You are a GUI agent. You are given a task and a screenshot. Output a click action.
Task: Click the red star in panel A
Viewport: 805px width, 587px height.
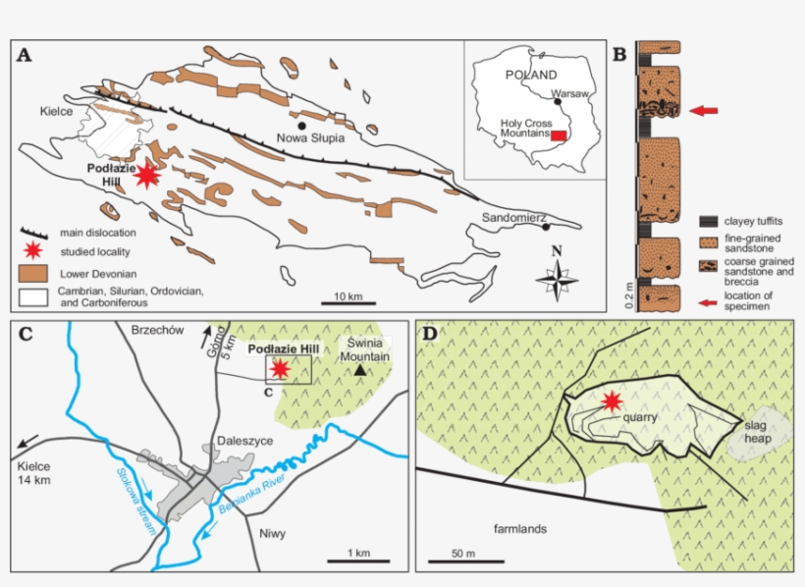point(147,175)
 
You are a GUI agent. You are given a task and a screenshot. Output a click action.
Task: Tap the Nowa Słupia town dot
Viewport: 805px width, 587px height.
point(303,126)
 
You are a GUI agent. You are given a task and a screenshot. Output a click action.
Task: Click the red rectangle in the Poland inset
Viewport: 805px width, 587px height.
point(558,135)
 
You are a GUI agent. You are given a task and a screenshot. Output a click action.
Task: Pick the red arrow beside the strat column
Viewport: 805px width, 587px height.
point(703,111)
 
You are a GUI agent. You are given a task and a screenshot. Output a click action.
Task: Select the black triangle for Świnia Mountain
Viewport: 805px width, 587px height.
point(360,370)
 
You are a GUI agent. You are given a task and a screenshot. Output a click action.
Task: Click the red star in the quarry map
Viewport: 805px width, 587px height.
point(612,400)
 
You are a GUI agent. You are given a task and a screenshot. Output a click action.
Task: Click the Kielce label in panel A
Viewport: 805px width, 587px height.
point(57,112)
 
